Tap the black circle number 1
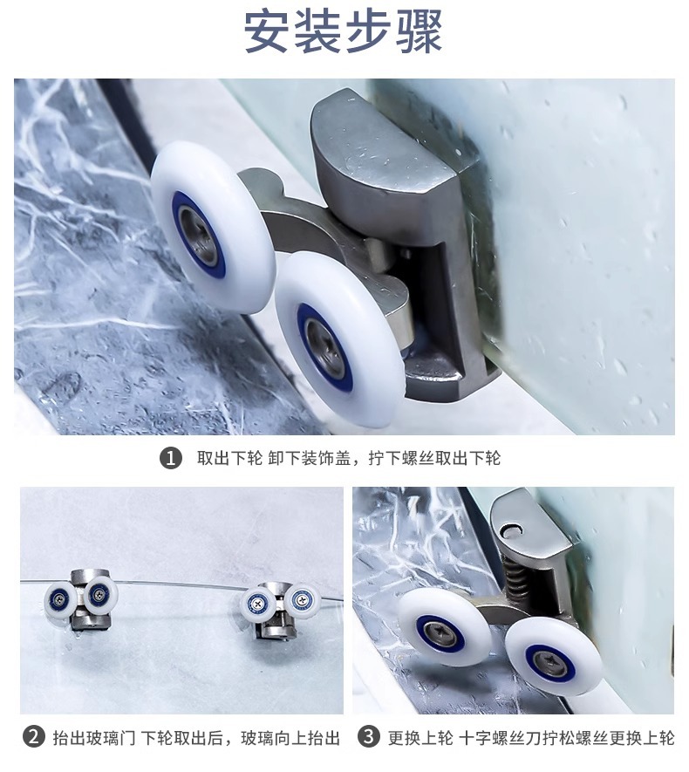coord(171,458)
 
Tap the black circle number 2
coord(34,737)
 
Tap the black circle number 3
coord(369,737)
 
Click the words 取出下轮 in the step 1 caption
coord(230,458)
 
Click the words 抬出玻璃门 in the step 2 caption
coord(94,738)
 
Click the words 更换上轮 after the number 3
coord(420,737)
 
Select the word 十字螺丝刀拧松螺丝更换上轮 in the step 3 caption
coord(566,737)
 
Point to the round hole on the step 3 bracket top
coord(509,530)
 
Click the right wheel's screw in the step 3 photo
coord(548,659)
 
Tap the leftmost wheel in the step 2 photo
coord(60,599)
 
